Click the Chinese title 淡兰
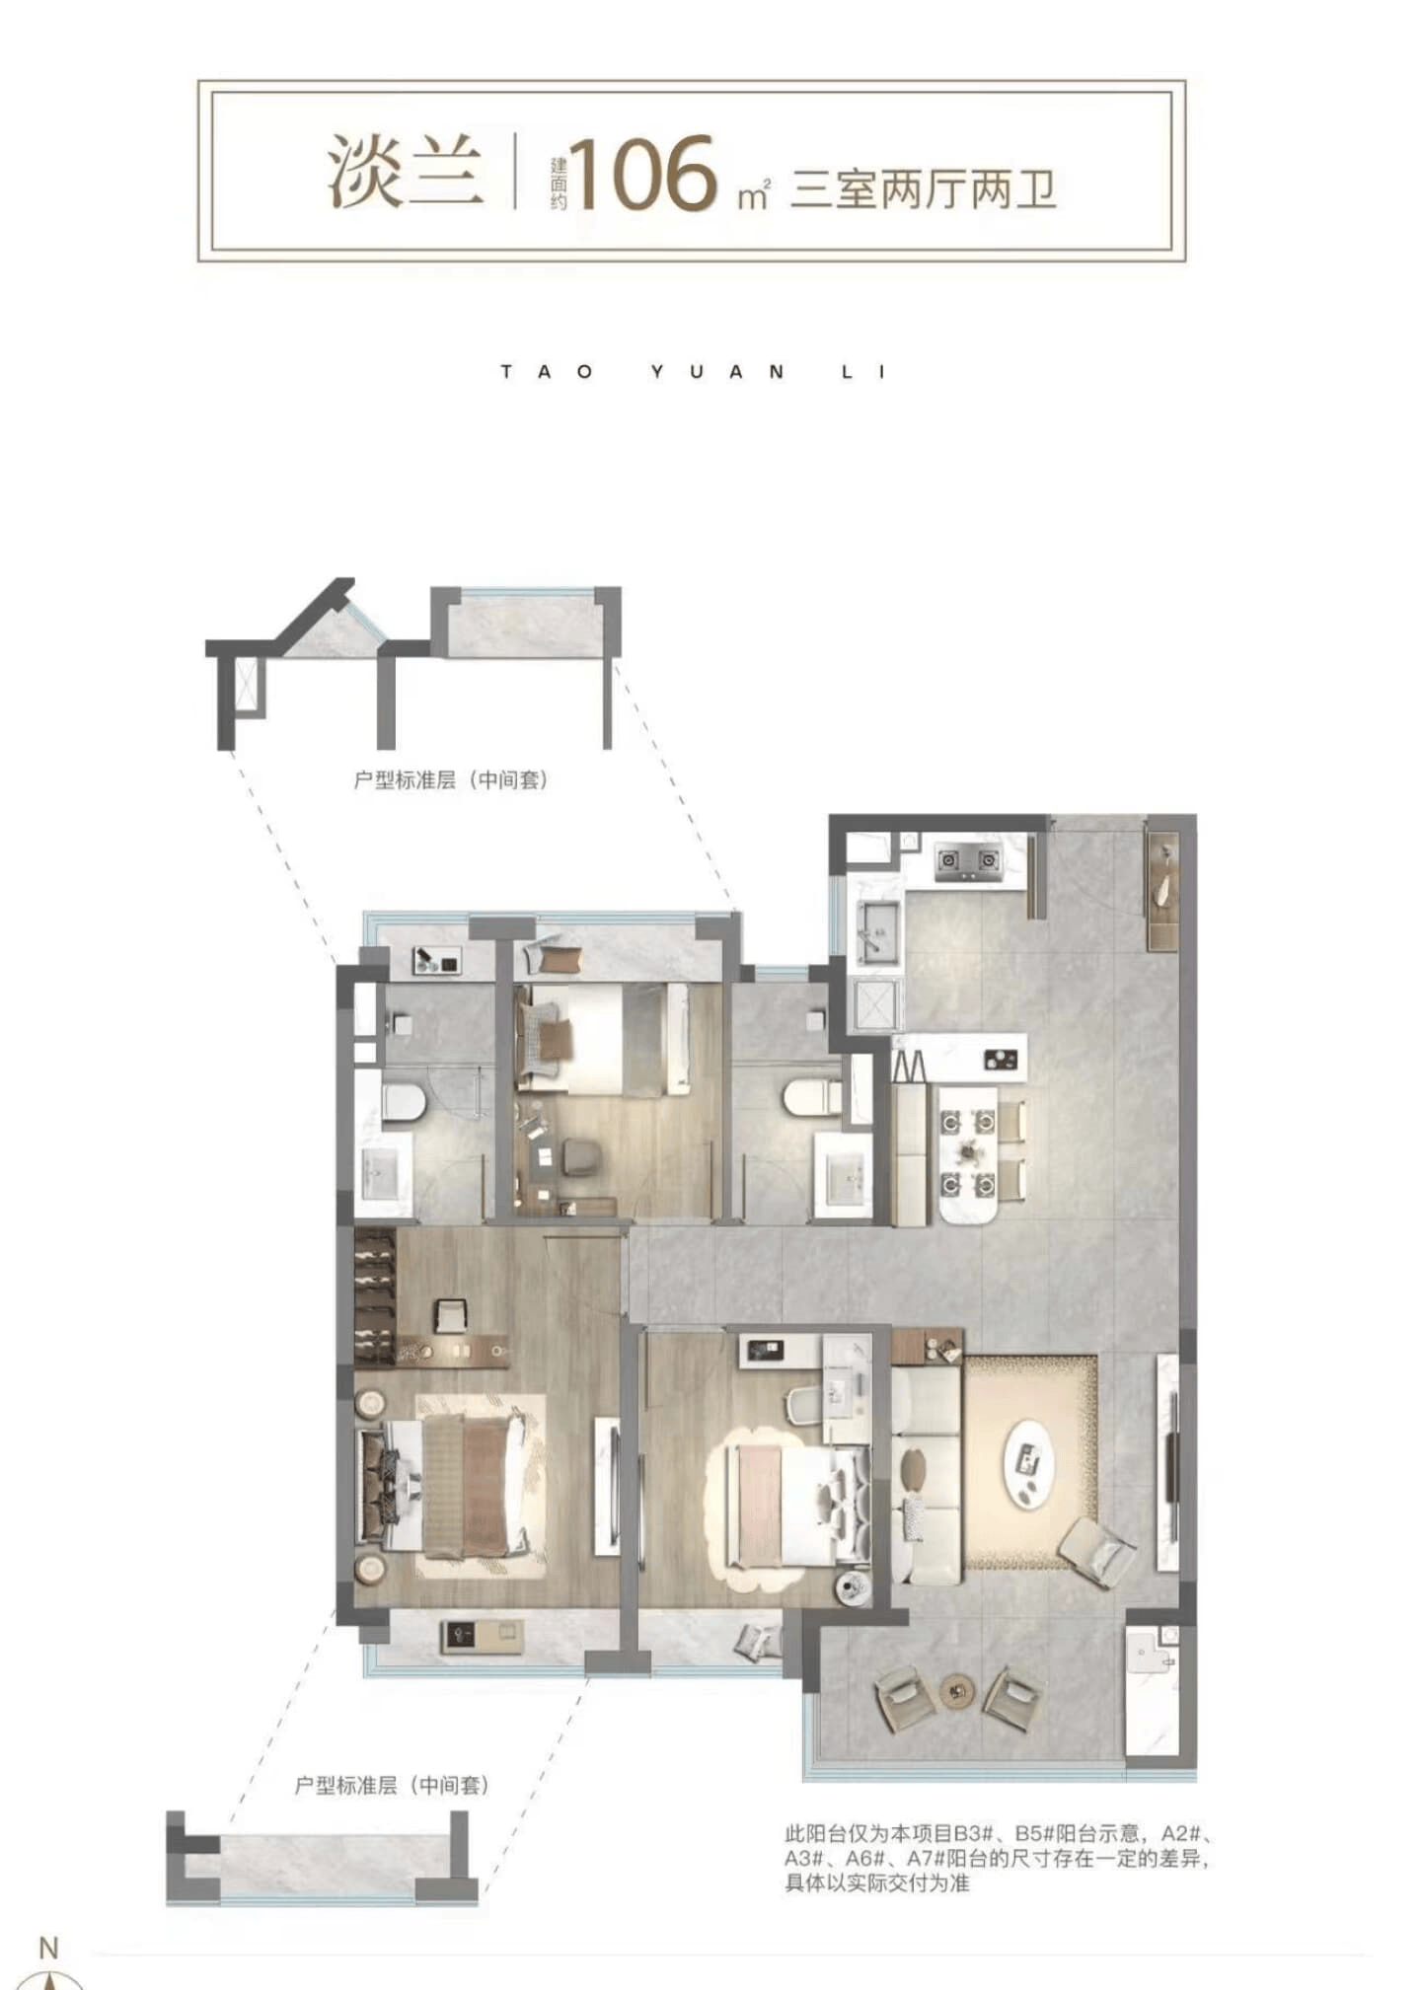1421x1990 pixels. [406, 173]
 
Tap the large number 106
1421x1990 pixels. [642, 174]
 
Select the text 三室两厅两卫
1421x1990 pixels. [924, 189]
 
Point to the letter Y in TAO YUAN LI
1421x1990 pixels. [658, 372]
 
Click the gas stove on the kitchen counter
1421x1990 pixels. [967, 861]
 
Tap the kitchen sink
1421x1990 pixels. [876, 930]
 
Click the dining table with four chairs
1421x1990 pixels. [968, 1151]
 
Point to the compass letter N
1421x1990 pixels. [48, 1948]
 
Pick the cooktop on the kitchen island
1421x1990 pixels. [1000, 1061]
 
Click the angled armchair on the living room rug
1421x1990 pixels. [1096, 1552]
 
